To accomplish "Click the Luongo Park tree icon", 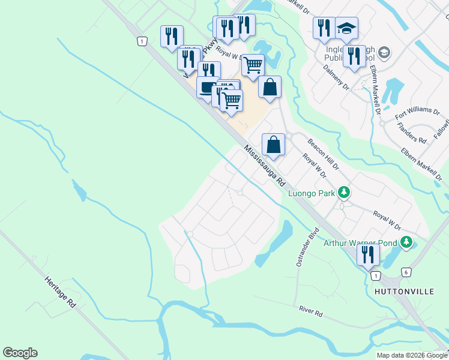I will click(344, 193).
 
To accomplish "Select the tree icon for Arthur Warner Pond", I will click(407, 242).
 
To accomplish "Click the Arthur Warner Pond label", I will click(361, 243).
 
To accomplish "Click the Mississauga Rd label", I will click(265, 166).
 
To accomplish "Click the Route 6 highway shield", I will click(406, 272).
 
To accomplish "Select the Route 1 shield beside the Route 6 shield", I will click(375, 275).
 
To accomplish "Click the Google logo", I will click(20, 353).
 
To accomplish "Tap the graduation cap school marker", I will click(346, 28).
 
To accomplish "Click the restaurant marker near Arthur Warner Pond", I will click(368, 254).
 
